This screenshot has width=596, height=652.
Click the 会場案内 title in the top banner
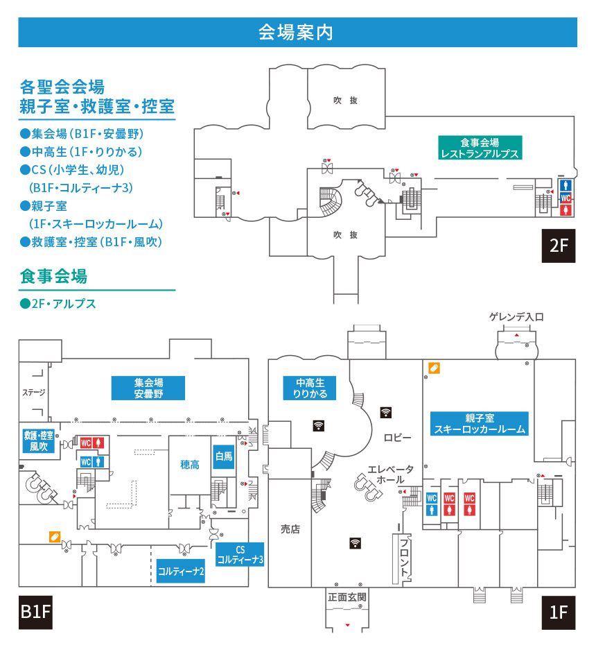(295, 33)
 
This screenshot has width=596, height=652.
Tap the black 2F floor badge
(558, 246)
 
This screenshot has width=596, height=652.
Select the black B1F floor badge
(36, 612)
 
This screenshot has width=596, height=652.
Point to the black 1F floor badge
(558, 612)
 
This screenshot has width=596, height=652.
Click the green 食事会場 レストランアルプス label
(480, 148)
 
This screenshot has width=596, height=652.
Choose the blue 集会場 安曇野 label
(148, 388)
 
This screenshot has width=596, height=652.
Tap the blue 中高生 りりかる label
(309, 388)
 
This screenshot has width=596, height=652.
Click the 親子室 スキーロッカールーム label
(480, 423)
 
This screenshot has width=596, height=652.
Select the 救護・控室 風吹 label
(39, 440)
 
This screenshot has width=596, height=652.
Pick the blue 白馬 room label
(224, 456)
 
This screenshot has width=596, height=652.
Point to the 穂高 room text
(190, 465)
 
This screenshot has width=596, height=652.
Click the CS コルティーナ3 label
(240, 554)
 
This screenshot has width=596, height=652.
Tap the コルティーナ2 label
(181, 571)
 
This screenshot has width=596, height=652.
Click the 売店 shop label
(290, 529)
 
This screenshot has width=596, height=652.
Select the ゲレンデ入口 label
(516, 317)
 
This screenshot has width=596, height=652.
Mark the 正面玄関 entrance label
(347, 597)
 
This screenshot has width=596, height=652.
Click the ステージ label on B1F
(34, 392)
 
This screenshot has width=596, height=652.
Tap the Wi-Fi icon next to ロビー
(386, 412)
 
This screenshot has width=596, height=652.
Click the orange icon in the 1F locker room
(434, 368)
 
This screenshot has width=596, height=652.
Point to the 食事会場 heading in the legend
(53, 276)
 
